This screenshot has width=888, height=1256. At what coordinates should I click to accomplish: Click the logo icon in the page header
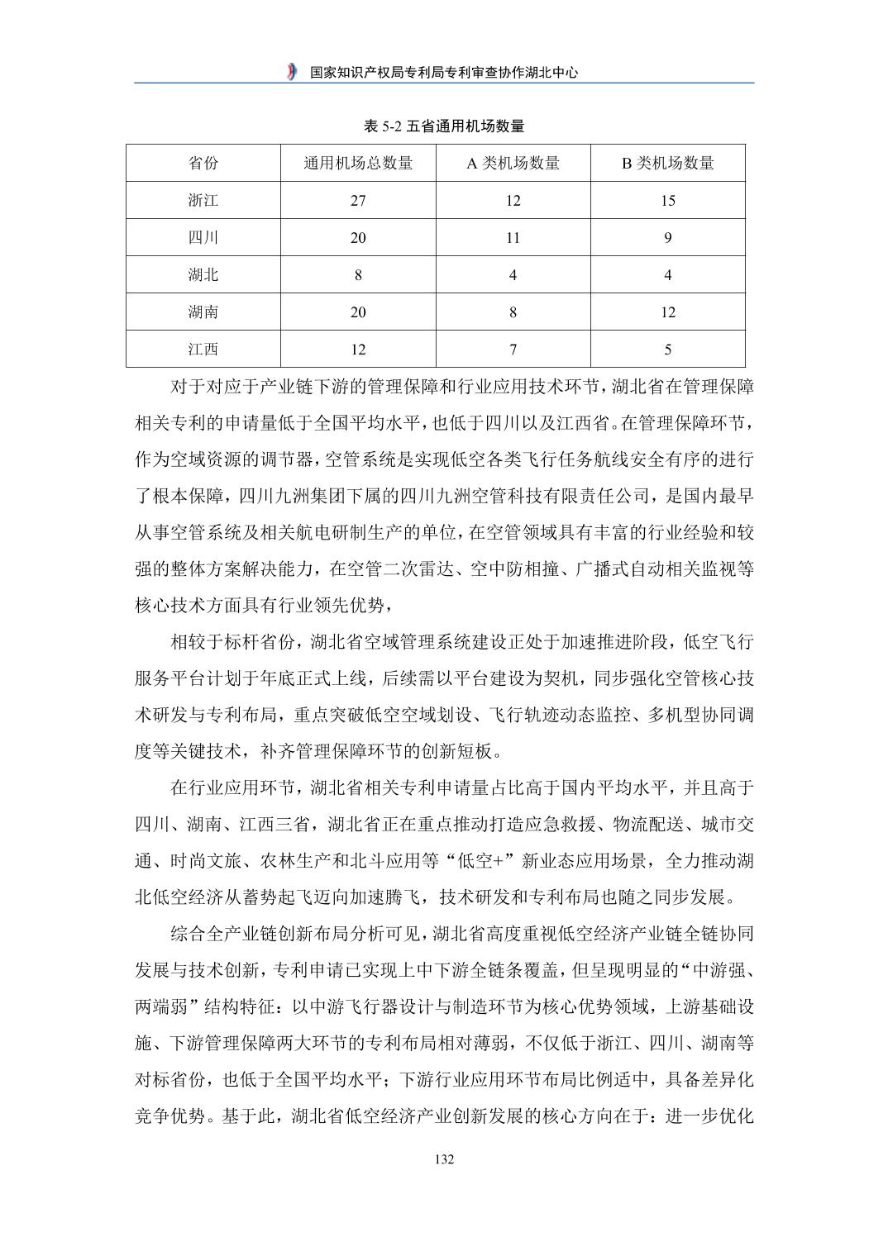292,72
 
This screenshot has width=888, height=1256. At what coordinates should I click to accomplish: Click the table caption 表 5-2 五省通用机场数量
444,126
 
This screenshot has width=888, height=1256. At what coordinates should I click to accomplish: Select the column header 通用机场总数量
358,163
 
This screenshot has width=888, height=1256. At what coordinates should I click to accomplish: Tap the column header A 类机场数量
513,163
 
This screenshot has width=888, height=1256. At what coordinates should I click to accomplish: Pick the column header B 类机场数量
667,163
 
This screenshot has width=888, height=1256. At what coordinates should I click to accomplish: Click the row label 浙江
203,200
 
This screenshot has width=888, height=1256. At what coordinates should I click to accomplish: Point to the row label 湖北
203,274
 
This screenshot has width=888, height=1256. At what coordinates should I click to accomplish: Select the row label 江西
203,349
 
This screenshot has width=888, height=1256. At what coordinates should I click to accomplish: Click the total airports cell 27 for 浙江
358,201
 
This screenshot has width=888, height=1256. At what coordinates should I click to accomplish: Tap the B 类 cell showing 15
668,201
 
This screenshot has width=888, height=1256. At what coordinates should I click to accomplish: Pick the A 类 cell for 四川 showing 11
513,238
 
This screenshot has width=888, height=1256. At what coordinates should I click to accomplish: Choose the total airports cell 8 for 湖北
358,275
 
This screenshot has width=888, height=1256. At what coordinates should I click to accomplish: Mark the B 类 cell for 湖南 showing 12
668,312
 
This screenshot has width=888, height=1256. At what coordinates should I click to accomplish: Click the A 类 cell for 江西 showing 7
513,350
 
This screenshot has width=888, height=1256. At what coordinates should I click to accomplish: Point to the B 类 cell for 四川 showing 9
668,238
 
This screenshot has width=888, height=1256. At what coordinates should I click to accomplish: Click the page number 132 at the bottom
444,1159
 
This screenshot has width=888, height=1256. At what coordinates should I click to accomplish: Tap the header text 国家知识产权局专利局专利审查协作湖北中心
443,72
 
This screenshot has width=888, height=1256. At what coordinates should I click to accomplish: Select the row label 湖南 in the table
203,312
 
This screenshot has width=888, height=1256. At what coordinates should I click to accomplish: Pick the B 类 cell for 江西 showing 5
668,350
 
